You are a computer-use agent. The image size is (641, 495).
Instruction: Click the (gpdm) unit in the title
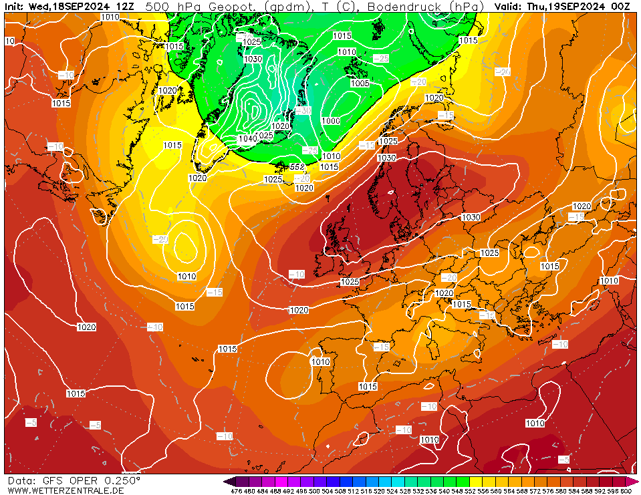pyautogui.click(x=287, y=6)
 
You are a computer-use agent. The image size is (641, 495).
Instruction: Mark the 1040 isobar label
pyautogui.click(x=247, y=139)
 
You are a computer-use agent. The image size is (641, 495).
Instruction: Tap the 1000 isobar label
pyautogui.click(x=331, y=121)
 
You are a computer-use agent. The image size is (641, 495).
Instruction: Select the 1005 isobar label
pyautogui.click(x=360, y=84)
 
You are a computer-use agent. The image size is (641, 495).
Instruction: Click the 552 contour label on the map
pyautogui.click(x=297, y=166)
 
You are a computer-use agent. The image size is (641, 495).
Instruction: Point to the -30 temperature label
pyautogui.click(x=303, y=110)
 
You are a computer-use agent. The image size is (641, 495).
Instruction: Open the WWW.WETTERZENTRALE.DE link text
pyautogui.click(x=65, y=491)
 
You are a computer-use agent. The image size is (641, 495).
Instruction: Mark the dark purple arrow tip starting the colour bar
pyautogui.click(x=229, y=481)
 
